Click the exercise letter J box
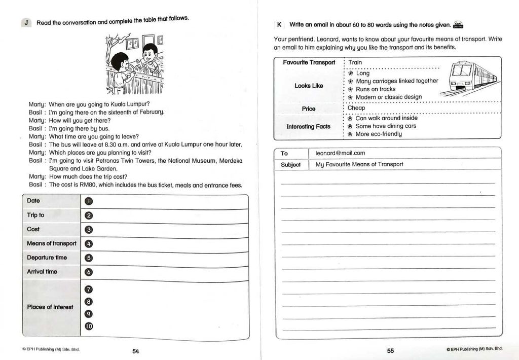26,22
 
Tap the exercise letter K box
279,24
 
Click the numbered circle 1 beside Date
89,201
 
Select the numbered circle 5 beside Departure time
89,258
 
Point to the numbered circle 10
89,327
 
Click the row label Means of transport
52,243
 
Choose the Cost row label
33,229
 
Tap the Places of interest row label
50,307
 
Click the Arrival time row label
42,272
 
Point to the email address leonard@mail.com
340,153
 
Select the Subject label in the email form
290,165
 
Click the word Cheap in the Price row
356,108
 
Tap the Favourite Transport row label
309,62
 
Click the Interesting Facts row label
308,126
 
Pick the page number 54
135,351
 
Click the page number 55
390,350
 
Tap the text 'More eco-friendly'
379,134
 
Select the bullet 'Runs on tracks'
376,89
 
